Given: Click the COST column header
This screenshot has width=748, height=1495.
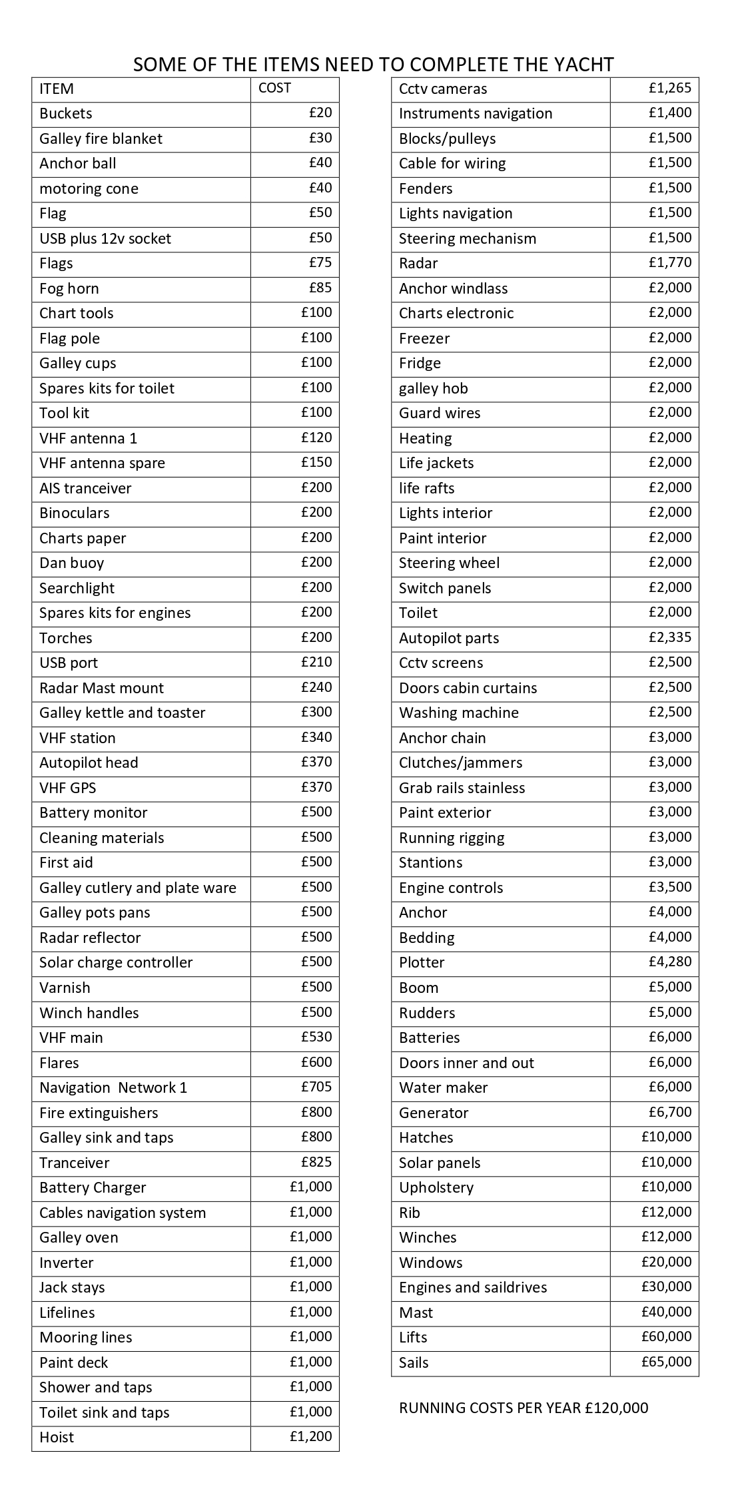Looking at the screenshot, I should coord(274,88).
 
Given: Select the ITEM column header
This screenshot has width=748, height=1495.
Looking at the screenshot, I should coord(57,89).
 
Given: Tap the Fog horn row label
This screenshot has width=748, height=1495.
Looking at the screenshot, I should coord(69,288).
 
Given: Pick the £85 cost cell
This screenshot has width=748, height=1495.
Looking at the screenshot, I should coord(320,288).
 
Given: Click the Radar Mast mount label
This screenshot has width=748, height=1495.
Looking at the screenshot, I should coord(101,688).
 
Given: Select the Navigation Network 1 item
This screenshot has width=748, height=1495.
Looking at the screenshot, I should coord(113,1087).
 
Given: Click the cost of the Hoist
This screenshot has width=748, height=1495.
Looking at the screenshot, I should coord(310,1436).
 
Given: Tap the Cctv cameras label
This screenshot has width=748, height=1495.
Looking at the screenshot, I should coord(443,89).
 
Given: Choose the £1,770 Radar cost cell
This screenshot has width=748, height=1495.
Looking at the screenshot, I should coord(670,262).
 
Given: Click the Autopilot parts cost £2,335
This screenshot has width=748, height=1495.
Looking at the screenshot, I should coord(670,637).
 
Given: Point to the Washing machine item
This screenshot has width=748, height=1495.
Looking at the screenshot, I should coord(459,713).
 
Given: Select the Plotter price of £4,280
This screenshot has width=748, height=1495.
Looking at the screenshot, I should coord(670,962).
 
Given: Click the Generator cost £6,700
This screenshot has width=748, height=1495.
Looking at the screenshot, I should coord(670,1111).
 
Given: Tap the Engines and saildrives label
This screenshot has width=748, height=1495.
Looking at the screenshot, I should coord(473,1287).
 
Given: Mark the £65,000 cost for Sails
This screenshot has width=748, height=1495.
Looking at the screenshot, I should coord(666,1361).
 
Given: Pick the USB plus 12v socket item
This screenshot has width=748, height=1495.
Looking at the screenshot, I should coord(105,238).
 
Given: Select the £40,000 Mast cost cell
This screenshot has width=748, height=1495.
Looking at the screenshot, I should coord(666,1311).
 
